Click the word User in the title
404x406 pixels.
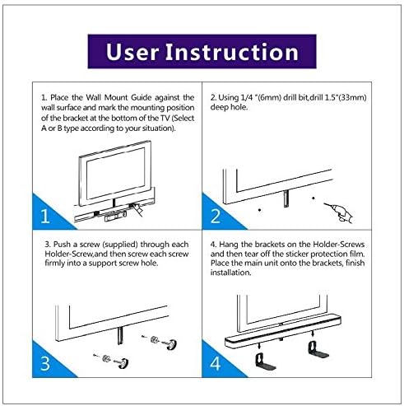coord(132,52)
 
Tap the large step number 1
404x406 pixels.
coord(45,216)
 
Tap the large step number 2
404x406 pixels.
coord(215,216)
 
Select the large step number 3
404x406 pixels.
coord(45,363)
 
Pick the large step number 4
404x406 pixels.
coord(216,363)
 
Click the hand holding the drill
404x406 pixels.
coord(344,213)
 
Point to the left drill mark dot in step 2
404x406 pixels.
coord(259,210)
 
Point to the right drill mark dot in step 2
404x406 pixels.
coord(313,198)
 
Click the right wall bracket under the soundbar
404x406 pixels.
coord(318,350)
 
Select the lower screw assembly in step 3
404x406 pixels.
coord(112,361)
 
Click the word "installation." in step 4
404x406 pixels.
coord(230,273)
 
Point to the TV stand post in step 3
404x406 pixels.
coord(121,335)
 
